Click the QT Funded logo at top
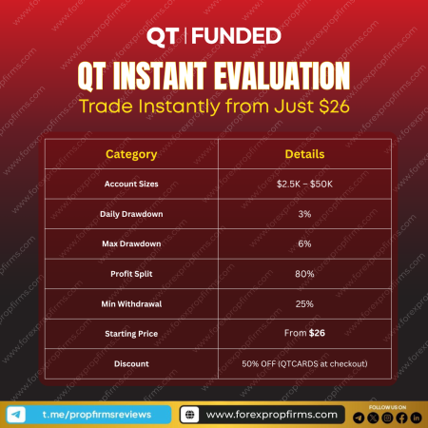[x=213, y=37]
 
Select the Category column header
[x=131, y=153]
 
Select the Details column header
[x=304, y=153]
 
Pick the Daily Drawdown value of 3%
[x=304, y=214]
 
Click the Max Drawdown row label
[x=131, y=243]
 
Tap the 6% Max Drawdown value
[x=304, y=243]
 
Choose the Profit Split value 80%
[x=304, y=274]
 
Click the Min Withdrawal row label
[x=131, y=303]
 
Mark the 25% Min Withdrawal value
[x=304, y=303]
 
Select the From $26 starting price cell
[x=304, y=333]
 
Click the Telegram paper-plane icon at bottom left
[x=16, y=415]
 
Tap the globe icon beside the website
[x=189, y=415]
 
